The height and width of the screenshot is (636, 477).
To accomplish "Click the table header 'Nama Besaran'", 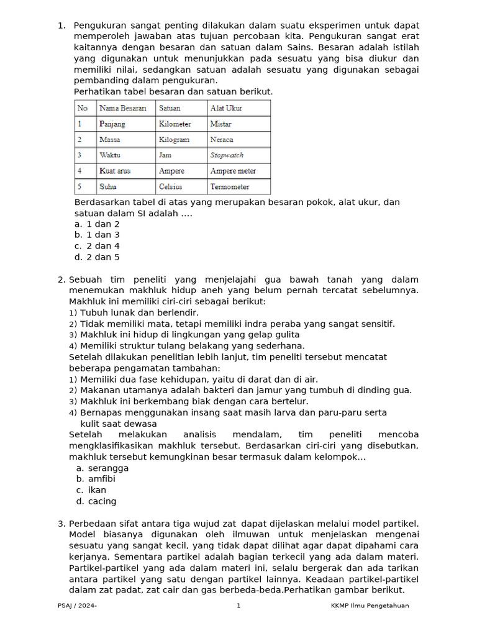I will (x=123, y=108).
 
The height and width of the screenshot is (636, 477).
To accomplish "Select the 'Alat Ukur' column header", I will (x=226, y=108).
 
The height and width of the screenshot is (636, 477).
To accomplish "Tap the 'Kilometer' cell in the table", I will (x=175, y=124).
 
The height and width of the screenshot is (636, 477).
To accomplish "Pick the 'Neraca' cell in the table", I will (x=222, y=140).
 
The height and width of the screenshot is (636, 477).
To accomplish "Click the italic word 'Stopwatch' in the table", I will (x=227, y=155).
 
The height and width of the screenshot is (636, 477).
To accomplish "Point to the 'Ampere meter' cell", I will (x=233, y=171).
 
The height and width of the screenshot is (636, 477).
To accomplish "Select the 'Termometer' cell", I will (x=230, y=186).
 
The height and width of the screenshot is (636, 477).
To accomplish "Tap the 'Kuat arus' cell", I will (x=115, y=171).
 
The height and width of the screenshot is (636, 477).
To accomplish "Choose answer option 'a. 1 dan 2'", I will (x=97, y=224).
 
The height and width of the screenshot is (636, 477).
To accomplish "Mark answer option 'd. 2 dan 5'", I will (x=97, y=257).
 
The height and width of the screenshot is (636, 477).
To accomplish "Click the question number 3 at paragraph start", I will (x=61, y=524).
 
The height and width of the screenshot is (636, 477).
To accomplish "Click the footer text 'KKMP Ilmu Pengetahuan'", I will (x=370, y=606).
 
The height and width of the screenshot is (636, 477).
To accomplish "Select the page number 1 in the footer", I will (x=238, y=606).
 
